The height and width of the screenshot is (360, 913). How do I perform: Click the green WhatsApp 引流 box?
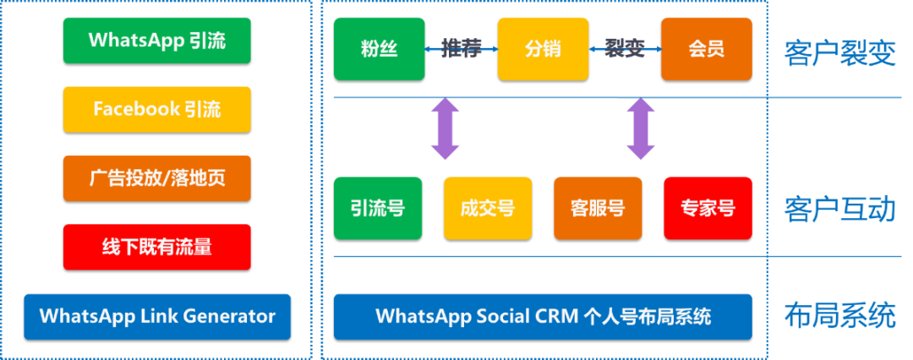[x=156, y=40]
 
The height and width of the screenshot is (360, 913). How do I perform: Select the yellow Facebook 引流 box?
[x=156, y=109]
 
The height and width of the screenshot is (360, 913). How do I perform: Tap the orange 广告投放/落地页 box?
[x=156, y=178]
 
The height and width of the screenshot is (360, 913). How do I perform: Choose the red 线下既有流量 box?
[x=156, y=247]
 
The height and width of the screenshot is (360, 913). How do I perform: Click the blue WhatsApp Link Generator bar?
[x=157, y=317]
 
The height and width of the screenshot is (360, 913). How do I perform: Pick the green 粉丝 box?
[x=379, y=49]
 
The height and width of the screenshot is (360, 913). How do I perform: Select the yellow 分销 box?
[x=543, y=49]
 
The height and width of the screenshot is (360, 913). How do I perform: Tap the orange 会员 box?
[x=706, y=49]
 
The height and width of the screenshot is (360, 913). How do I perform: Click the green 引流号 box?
[x=379, y=208]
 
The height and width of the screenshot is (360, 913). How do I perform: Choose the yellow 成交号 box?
[x=488, y=208]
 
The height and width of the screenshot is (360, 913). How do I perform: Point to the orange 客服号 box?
[x=598, y=208]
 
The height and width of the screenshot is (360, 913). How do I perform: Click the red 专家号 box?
[x=708, y=208]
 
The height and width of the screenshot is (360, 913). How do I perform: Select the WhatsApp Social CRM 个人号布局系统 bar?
[x=543, y=317]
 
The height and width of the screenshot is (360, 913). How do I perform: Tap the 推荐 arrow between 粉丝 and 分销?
[x=461, y=49]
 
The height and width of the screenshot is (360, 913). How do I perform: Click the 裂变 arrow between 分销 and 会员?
[x=625, y=49]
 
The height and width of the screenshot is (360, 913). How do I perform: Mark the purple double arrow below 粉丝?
[x=445, y=129]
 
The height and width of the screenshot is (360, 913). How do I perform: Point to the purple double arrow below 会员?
[x=641, y=129]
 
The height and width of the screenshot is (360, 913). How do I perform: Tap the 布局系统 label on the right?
[x=839, y=316]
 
